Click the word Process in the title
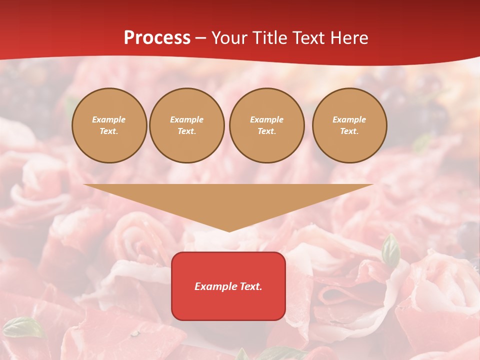157,38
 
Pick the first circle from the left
109,125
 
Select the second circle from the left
187,125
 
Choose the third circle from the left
267,125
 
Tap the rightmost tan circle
349,125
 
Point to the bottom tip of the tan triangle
229,231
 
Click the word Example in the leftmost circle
109,119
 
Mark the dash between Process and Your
200,38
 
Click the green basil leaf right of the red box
390,250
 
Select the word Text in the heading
309,38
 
